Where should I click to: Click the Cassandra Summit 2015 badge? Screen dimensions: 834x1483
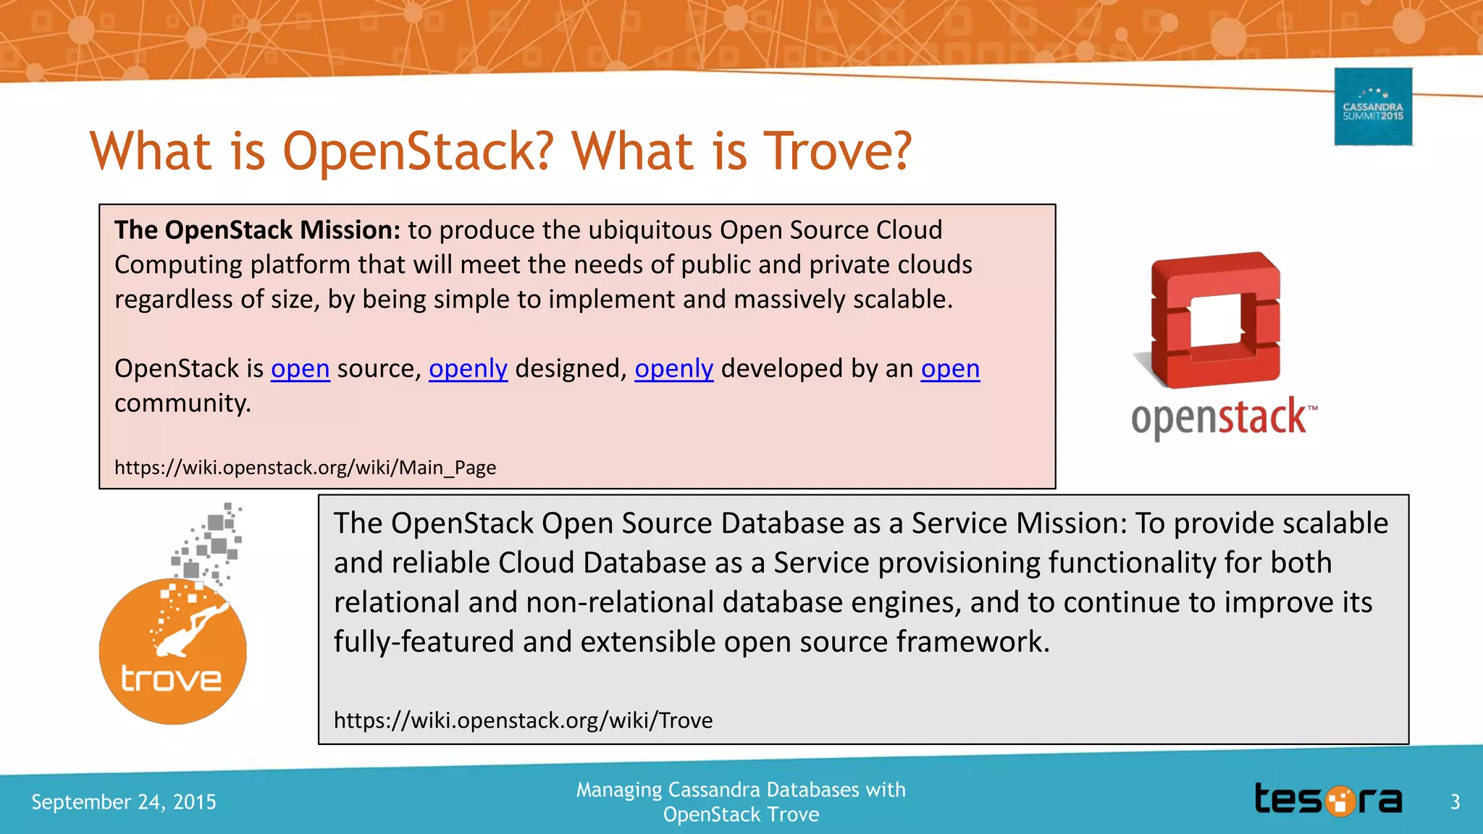point(1373,107)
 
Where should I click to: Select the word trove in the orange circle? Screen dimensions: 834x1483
point(171,679)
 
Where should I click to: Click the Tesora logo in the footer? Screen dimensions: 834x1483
point(1328,800)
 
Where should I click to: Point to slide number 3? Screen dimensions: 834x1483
point(1455,801)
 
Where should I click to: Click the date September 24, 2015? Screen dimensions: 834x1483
point(124,801)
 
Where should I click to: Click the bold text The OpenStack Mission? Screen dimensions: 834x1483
point(257,230)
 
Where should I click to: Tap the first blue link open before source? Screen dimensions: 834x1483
point(301,368)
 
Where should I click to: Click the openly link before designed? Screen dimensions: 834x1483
point(468,368)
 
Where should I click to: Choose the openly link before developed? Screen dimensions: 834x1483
point(673,368)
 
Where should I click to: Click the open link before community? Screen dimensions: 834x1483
point(950,368)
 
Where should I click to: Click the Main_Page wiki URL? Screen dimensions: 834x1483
point(305,467)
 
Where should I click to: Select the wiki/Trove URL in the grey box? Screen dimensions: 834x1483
point(523,720)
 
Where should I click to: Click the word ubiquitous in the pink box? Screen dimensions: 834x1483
point(650,230)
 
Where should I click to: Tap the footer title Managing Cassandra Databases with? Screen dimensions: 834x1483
point(741,789)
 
